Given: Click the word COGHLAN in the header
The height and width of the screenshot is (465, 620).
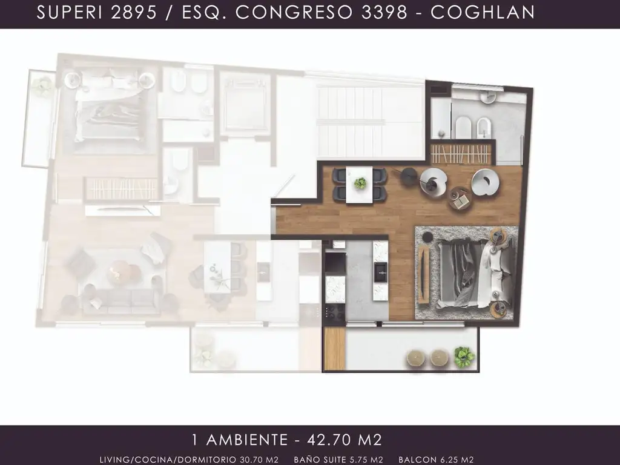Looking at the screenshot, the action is click(483, 13).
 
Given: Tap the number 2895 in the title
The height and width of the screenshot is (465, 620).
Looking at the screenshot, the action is click(134, 13).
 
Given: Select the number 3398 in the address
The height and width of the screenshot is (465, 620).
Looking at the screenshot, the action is click(384, 13).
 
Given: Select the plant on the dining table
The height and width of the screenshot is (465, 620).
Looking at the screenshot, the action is click(360, 183).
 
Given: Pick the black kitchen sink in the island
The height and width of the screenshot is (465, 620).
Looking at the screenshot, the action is click(380, 272).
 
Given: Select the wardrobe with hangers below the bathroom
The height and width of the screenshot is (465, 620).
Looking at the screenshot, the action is click(461, 154).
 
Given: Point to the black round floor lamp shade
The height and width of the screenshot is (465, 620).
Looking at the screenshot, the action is click(409, 176).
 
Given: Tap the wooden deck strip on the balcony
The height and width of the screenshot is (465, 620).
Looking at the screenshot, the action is click(334, 348).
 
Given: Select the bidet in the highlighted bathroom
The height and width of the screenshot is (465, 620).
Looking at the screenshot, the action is click(484, 128).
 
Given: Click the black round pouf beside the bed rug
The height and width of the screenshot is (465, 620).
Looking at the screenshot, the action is click(428, 237).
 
